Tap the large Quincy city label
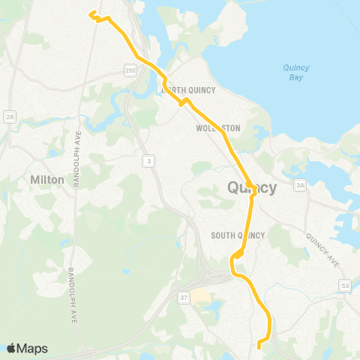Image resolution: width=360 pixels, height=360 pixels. click(251, 187)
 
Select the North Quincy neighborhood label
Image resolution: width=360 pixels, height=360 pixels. click(189, 91)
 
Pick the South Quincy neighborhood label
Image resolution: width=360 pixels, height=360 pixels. click(238, 235)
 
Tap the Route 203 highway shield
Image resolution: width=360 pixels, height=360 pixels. click(130, 69)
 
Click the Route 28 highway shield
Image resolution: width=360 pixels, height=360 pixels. click(10, 116)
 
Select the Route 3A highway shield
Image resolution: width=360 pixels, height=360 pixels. click(301, 185)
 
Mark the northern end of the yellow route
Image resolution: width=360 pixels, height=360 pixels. click(91, 13)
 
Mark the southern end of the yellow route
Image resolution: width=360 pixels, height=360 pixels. click(259, 346)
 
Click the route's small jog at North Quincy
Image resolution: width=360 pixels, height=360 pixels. click(181, 103)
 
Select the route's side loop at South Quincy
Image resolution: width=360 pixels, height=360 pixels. click(238, 256)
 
